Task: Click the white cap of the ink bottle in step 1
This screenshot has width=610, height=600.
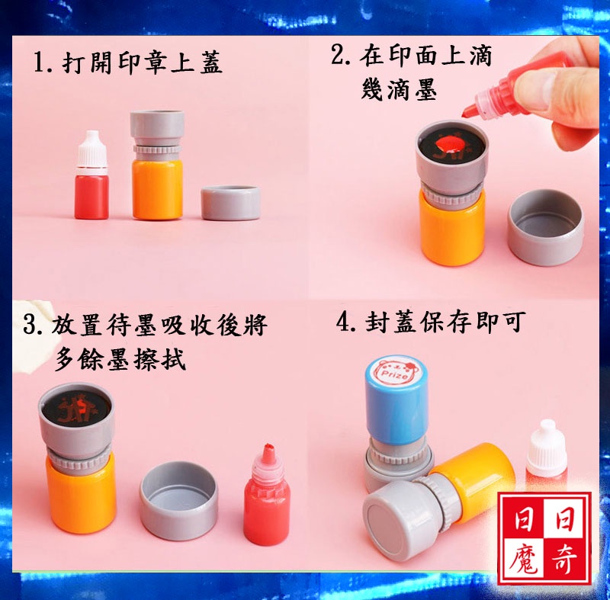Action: [91, 152]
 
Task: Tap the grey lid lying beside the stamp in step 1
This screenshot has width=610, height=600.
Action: [231, 203]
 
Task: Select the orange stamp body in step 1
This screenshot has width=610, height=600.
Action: [157, 188]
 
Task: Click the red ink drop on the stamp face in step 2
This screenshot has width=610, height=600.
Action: [449, 144]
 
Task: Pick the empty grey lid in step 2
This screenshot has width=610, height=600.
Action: [546, 227]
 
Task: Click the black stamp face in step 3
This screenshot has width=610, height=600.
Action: [76, 407]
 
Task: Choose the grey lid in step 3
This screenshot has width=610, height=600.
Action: [179, 500]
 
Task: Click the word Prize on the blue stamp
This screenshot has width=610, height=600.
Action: [394, 375]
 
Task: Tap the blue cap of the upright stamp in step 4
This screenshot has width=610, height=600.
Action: [396, 399]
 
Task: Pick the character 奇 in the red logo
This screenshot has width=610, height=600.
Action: [565, 558]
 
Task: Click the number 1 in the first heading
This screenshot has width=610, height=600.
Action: [39, 63]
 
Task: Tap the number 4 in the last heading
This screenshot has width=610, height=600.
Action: [344, 322]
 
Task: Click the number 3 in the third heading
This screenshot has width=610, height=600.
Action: [30, 325]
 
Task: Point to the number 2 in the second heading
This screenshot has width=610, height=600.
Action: [339, 55]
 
